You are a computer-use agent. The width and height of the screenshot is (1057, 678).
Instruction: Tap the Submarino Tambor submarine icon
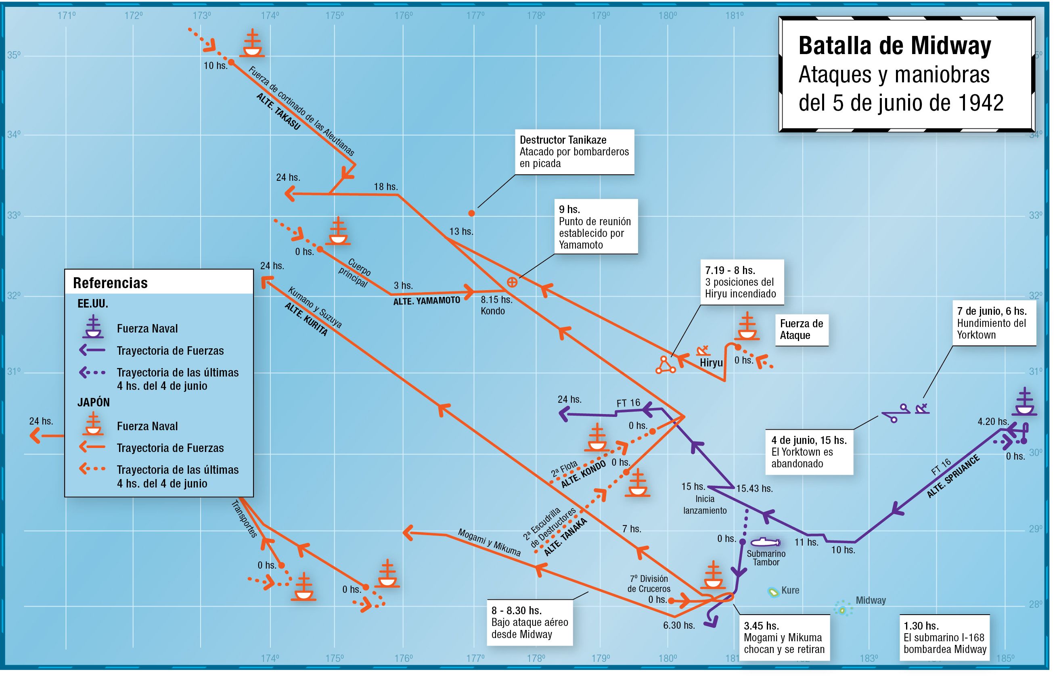(x=766, y=542)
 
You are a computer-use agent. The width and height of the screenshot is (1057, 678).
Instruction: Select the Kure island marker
(x=773, y=592)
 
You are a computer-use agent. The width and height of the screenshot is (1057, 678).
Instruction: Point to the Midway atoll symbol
(x=843, y=609)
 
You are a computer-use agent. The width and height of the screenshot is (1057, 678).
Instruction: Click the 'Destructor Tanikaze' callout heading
(x=563, y=140)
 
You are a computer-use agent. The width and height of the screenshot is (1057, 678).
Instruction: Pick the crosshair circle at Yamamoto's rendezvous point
(x=512, y=282)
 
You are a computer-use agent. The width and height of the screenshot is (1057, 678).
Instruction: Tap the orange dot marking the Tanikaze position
(x=471, y=213)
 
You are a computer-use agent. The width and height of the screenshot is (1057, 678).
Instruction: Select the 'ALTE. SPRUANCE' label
(x=954, y=477)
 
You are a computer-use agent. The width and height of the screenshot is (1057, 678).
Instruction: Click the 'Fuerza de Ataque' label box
(x=801, y=329)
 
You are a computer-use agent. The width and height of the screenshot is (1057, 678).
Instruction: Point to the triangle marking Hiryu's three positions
(x=665, y=365)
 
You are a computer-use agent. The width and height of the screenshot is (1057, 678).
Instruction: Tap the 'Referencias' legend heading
(x=110, y=282)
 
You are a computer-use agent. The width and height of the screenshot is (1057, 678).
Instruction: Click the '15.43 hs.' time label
(x=754, y=489)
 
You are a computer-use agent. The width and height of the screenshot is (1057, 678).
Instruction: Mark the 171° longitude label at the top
(x=67, y=16)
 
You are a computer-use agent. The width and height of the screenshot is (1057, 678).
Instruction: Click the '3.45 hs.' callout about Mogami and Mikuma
(x=784, y=637)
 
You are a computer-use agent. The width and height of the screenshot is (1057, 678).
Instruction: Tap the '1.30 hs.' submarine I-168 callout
(x=945, y=637)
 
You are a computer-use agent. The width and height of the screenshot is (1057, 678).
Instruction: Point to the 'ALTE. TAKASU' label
(x=278, y=111)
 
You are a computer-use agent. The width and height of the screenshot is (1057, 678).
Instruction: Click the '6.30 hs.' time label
(x=679, y=625)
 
